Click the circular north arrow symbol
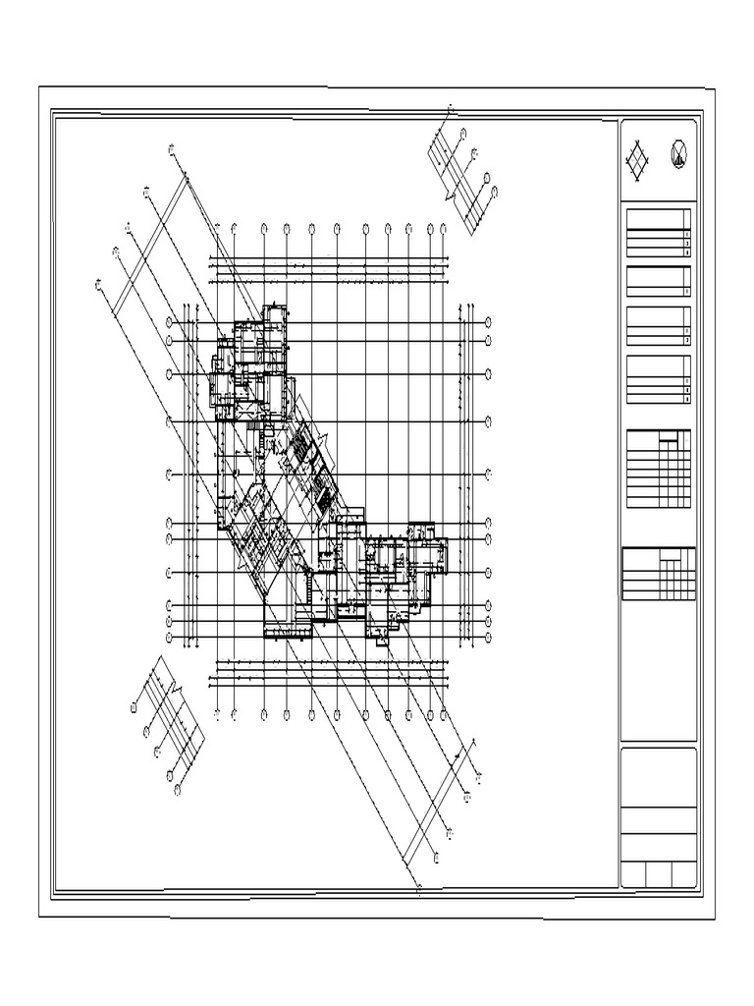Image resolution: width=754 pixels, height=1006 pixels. [678, 154]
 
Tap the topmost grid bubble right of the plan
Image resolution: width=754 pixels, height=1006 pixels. [488, 322]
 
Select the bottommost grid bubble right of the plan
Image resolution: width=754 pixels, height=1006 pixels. [488, 638]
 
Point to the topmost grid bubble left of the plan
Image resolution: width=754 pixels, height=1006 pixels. [170, 322]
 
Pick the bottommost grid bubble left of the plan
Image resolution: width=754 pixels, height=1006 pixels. [170, 638]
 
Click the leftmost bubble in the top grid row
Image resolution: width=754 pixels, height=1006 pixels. [215, 229]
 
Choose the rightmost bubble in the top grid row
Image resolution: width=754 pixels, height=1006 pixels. [444, 229]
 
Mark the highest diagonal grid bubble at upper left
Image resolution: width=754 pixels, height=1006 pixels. [171, 149]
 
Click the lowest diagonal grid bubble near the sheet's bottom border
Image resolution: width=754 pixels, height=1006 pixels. [420, 890]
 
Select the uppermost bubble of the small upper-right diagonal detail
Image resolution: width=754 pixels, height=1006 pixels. [451, 107]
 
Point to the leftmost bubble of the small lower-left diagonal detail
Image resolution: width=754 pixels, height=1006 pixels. [134, 705]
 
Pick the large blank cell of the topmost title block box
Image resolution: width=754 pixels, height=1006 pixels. [654, 219]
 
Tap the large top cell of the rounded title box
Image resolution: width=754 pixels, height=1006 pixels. [659, 777]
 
